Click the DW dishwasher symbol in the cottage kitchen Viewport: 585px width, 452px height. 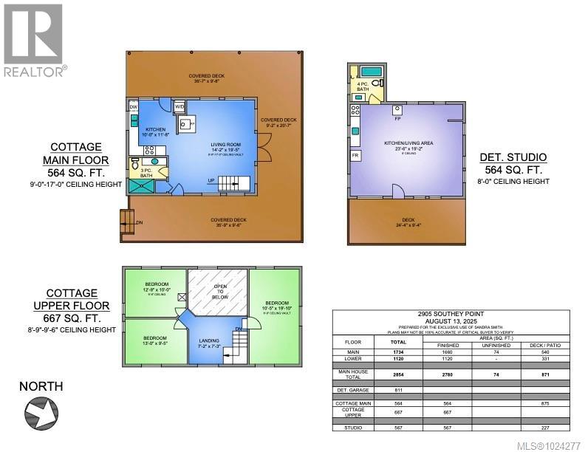tap(134, 107)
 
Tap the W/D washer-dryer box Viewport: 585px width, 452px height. tap(179, 107)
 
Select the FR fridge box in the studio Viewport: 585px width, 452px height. tap(355, 156)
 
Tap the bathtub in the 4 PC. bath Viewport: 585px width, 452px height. tap(370, 72)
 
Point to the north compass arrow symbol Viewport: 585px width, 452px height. tap(41, 412)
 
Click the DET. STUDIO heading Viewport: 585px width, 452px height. tap(513, 157)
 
